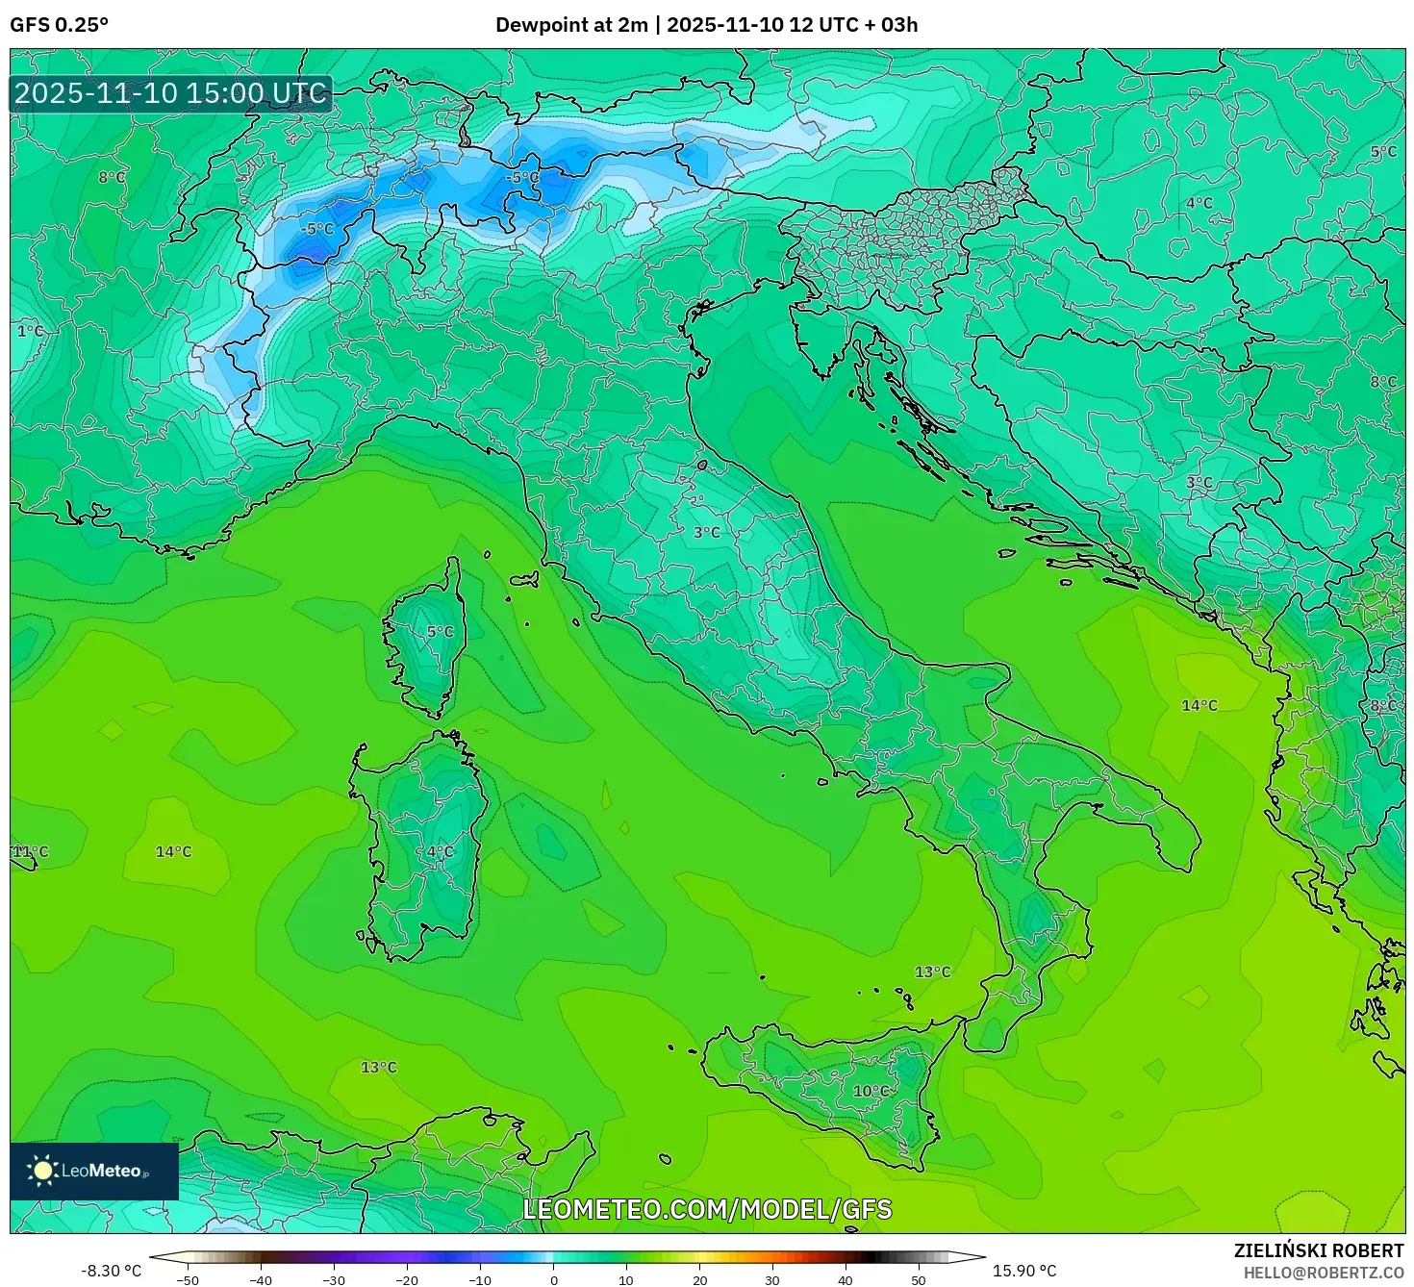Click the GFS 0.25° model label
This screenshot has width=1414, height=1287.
click(59, 25)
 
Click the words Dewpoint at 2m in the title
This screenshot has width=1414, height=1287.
click(571, 25)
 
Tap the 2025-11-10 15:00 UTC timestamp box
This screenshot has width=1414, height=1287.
click(170, 93)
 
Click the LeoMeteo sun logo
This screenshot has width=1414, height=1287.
click(42, 1171)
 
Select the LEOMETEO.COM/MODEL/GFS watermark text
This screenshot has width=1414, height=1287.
click(707, 1209)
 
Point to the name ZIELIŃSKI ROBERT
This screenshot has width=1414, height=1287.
click(1319, 1250)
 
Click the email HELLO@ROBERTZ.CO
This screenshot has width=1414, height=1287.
click(1324, 1273)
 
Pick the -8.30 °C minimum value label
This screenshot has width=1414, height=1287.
click(111, 1271)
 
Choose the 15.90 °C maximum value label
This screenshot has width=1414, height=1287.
click(1024, 1271)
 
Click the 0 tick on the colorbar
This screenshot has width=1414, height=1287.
click(553, 1280)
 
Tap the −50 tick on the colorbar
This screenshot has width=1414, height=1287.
click(188, 1280)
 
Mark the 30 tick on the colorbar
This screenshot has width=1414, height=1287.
click(772, 1280)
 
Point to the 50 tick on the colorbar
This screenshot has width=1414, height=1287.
click(919, 1280)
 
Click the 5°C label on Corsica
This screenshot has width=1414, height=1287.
click(440, 632)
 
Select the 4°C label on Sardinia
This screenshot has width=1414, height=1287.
click(440, 852)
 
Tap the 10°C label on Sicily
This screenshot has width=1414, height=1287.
click(871, 1091)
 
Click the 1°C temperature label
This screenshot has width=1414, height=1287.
click(31, 331)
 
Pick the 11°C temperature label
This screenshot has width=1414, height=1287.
click(30, 852)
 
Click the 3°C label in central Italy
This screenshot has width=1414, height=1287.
click(707, 532)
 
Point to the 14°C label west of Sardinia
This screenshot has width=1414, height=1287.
click(174, 852)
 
